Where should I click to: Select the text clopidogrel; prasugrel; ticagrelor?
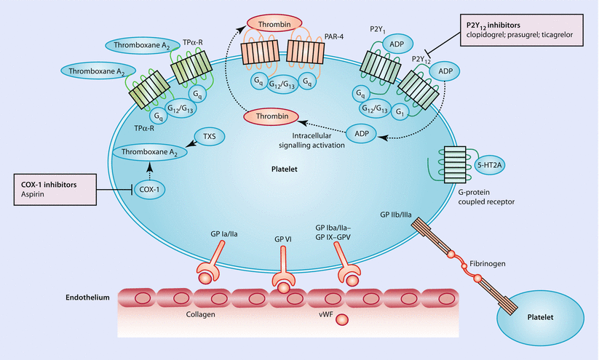tap(522, 33)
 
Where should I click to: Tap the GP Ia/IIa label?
tap(221, 236)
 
